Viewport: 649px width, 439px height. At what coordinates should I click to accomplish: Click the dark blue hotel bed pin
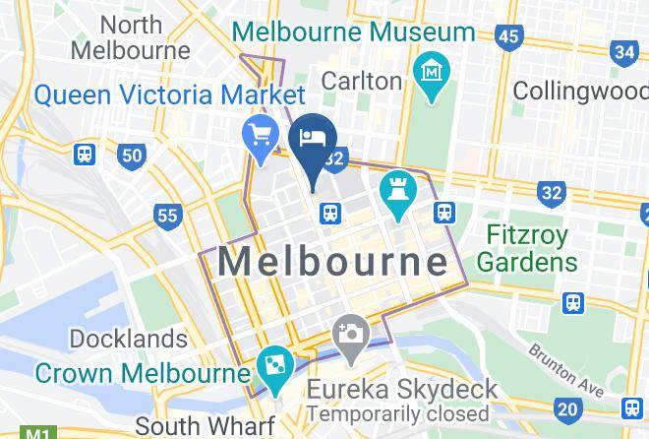tap(313, 141)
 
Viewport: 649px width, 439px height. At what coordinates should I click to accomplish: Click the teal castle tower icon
tap(397, 191)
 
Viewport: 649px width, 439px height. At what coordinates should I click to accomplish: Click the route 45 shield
tap(507, 37)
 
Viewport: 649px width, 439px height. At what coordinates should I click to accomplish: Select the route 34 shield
tap(623, 51)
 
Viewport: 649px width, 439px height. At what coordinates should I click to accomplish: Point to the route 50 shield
tap(131, 155)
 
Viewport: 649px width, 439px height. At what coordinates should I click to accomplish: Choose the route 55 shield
tap(168, 215)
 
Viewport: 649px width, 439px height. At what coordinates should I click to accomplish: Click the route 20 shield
tap(567, 408)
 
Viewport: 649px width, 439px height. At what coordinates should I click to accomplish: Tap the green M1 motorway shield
tap(36, 433)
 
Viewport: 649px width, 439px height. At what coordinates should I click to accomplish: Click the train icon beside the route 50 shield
tap(86, 155)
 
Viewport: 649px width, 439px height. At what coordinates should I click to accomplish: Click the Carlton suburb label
tap(362, 81)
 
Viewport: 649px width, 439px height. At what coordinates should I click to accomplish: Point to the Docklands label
tap(128, 340)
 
